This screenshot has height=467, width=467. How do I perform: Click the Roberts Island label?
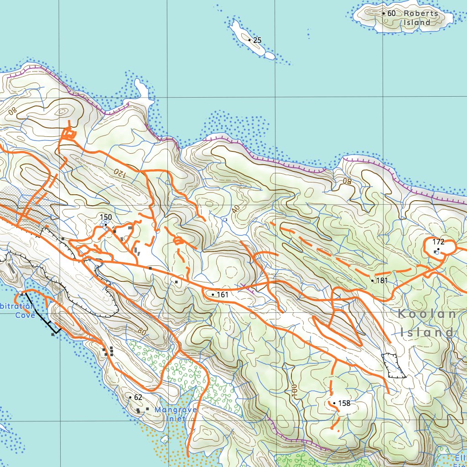[x=420, y=18]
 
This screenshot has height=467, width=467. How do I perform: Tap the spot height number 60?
[x=391, y=13]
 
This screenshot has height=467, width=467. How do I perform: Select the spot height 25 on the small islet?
[x=257, y=41]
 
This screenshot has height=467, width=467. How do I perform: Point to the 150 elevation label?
[x=106, y=217]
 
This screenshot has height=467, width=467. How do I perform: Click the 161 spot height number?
[x=222, y=295]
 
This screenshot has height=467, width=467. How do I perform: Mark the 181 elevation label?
[x=382, y=280]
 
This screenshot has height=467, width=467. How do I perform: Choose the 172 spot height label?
[x=438, y=242]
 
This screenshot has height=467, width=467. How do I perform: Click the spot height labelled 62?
[x=138, y=397]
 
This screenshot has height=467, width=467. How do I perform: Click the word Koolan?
[x=427, y=314]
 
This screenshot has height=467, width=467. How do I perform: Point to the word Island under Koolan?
[x=427, y=332]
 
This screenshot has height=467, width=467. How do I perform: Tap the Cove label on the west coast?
[x=25, y=315]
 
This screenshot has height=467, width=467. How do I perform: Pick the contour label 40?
[x=235, y=208]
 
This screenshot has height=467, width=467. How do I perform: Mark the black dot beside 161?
[x=213, y=295]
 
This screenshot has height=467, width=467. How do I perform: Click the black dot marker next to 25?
[x=249, y=40]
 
